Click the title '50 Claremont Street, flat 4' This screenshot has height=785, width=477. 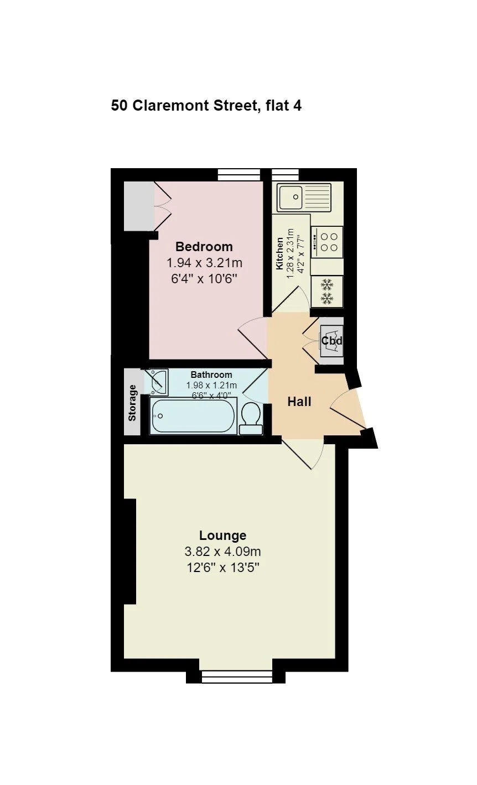click(x=206, y=105)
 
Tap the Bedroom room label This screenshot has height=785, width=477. click(x=204, y=247)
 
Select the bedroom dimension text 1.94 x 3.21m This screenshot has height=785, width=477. click(x=204, y=262)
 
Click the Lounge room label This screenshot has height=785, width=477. click(x=222, y=536)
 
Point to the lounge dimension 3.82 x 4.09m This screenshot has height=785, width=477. click(x=222, y=552)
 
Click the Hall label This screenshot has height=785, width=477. click(x=299, y=402)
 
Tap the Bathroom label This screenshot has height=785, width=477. click(x=211, y=375)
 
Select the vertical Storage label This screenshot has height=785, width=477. click(x=132, y=403)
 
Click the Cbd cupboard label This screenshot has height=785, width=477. click(x=331, y=341)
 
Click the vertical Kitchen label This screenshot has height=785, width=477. click(x=279, y=254)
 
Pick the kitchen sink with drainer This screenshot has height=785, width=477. click(x=304, y=197)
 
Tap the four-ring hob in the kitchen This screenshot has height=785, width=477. click(x=326, y=242)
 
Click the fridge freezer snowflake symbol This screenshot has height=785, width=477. click(x=326, y=291)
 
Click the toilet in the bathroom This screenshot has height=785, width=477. click(x=251, y=418)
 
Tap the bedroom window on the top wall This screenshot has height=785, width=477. click(x=239, y=174)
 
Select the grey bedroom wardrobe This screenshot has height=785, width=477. click(x=139, y=206)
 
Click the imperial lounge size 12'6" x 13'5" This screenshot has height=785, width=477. click(x=222, y=568)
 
